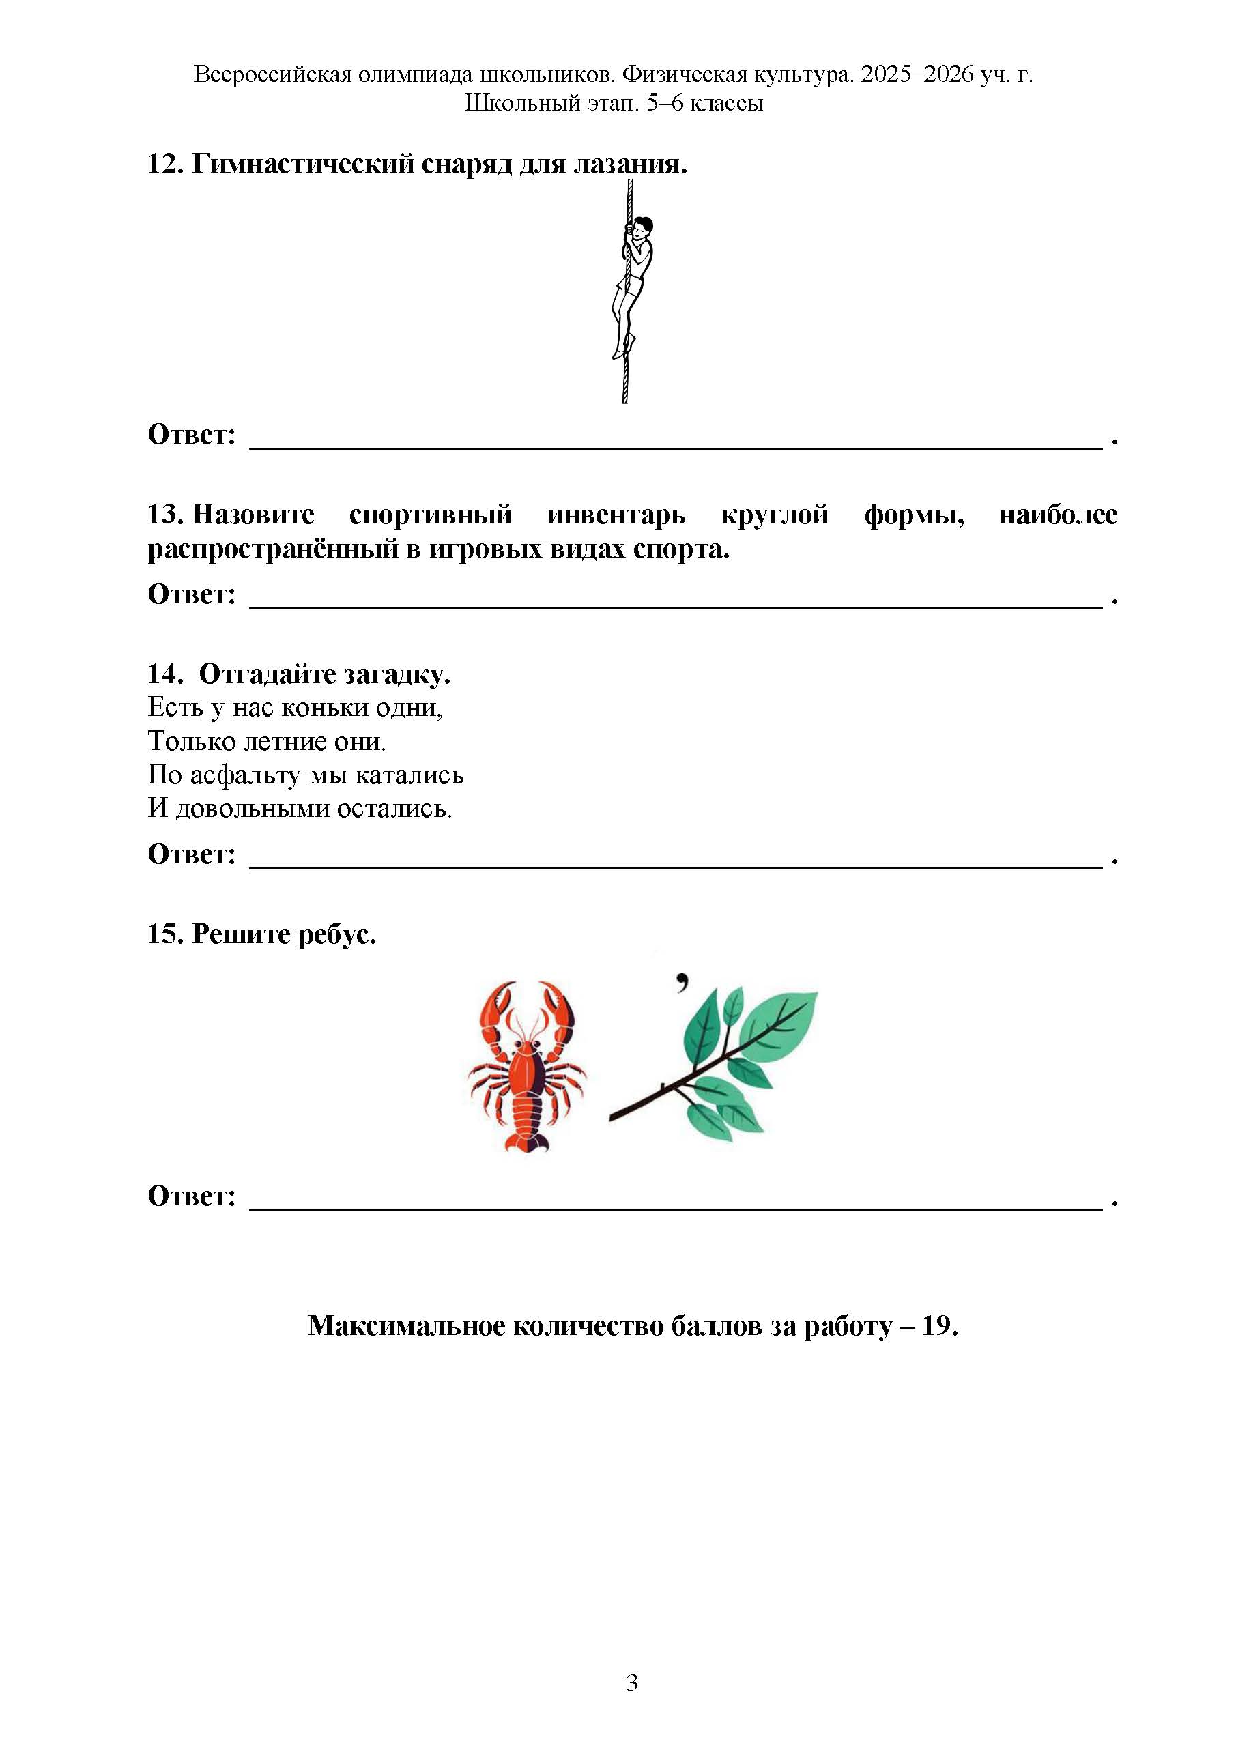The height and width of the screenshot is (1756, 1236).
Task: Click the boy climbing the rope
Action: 633,283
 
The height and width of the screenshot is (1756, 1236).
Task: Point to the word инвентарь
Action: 616,514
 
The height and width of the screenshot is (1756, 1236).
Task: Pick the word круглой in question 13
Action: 774,514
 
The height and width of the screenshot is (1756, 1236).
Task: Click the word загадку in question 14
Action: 397,674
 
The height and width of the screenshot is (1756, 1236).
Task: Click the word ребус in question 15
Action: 336,934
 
